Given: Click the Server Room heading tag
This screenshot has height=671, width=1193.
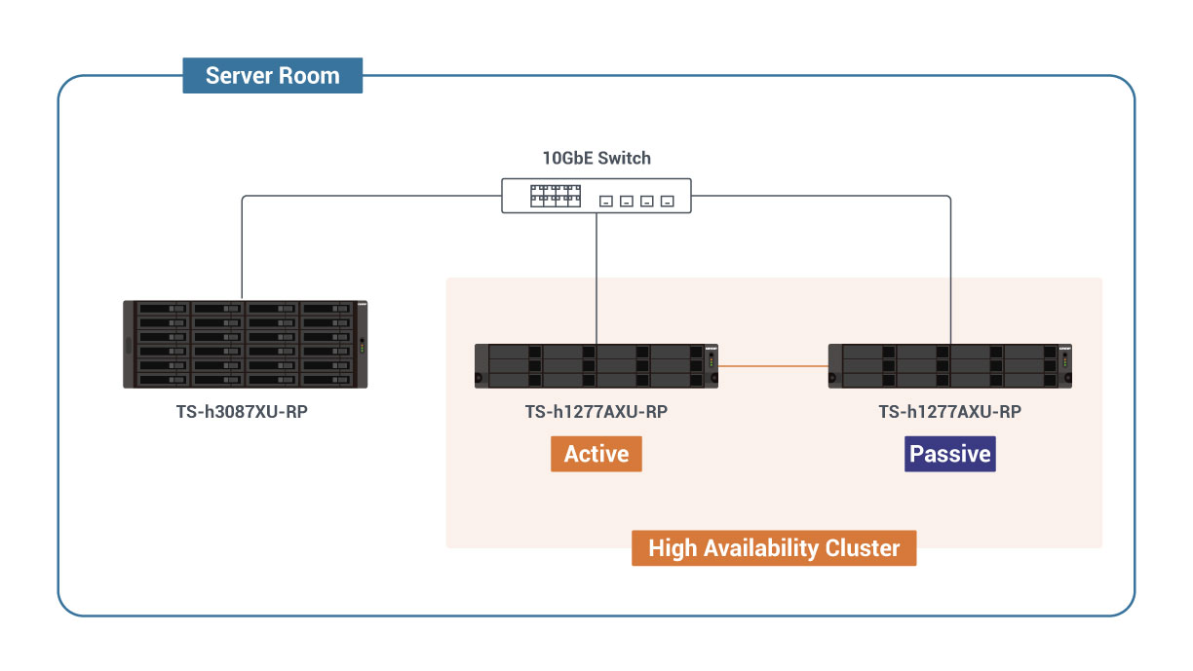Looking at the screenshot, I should (x=272, y=76).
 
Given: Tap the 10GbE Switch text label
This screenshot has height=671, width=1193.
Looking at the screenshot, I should (x=596, y=158).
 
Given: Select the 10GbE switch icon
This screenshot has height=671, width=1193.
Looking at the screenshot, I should (x=596, y=196).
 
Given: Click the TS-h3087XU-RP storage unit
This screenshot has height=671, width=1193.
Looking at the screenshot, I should (x=245, y=344).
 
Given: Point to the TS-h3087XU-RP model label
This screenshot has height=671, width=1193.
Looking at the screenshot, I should (x=243, y=412).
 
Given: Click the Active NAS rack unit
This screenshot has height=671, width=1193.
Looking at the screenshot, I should (x=596, y=365).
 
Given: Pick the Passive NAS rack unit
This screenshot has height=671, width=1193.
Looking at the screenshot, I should (x=949, y=365).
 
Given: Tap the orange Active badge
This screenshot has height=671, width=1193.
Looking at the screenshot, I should (x=596, y=454).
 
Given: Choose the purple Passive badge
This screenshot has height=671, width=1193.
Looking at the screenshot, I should (x=950, y=454).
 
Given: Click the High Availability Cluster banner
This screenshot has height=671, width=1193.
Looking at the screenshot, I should (x=774, y=547).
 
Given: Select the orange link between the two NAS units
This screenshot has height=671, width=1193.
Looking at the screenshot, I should (x=773, y=366).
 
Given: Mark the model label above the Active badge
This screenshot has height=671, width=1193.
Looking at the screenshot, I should (x=596, y=412).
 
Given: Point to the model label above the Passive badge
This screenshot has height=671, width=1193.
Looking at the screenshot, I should (x=950, y=412).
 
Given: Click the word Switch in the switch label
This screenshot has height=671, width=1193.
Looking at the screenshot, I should (x=625, y=158).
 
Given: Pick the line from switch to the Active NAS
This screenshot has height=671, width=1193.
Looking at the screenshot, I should (x=596, y=278).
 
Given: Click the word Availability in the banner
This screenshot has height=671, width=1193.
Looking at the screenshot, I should (x=757, y=547).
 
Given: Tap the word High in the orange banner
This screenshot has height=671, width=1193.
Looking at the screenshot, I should (x=673, y=547).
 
